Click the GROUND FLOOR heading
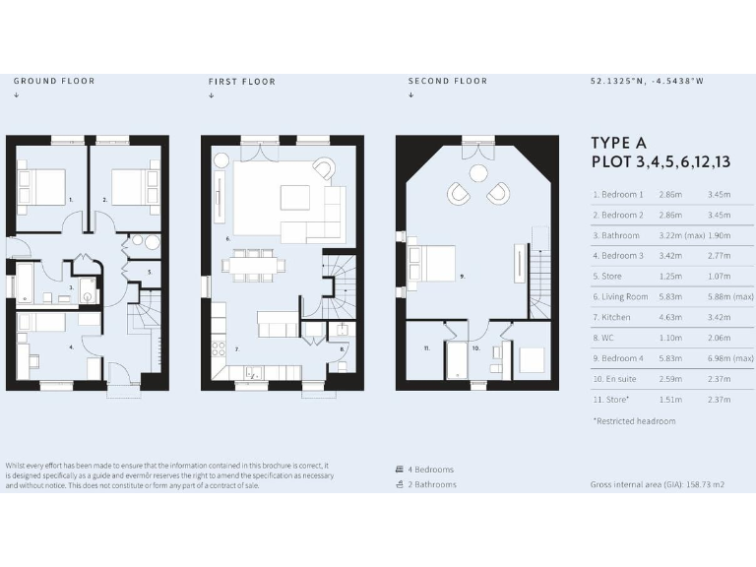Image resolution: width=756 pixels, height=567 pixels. [x=54, y=82]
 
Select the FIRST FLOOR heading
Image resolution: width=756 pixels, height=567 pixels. [x=242, y=82]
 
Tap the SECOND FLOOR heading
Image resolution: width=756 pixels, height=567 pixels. [x=448, y=82]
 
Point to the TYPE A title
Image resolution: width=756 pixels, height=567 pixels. [x=619, y=144]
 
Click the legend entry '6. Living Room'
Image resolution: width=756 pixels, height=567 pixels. [x=620, y=296]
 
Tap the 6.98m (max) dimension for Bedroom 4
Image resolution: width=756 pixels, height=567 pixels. [x=729, y=358]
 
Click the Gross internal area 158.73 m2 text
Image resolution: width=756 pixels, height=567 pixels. [x=658, y=485]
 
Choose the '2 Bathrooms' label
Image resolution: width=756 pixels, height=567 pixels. [x=432, y=484]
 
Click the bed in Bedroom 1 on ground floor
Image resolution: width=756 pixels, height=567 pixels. [x=40, y=185]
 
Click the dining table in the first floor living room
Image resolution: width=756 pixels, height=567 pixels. [x=254, y=264]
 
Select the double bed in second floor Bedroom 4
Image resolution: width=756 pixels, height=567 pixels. [x=433, y=264]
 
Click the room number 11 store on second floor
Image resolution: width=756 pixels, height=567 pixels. [x=425, y=348]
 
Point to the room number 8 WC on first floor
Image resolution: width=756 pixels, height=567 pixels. [x=342, y=348]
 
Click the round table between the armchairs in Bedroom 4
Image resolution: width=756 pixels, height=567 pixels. [x=478, y=173]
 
